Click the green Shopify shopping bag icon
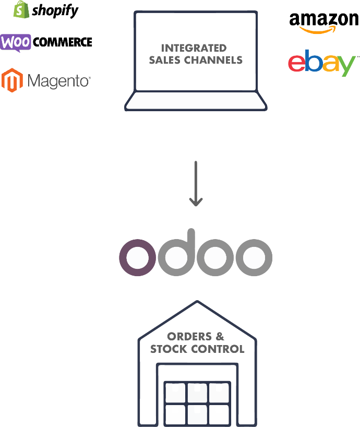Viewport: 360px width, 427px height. pyautogui.click(x=21, y=9)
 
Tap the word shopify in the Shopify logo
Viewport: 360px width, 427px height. pyautogui.click(x=55, y=11)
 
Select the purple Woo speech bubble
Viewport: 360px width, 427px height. pyautogui.click(x=16, y=43)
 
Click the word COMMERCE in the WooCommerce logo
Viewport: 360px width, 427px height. pyautogui.click(x=63, y=42)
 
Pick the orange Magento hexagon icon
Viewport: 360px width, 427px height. pyautogui.click(x=12, y=80)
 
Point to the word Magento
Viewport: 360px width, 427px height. pyautogui.click(x=59, y=81)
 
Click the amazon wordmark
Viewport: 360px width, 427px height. pyautogui.click(x=324, y=20)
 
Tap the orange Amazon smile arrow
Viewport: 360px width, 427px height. pyautogui.click(x=318, y=30)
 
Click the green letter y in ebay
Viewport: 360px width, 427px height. pyautogui.click(x=346, y=66)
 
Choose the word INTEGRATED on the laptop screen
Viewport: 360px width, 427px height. pyautogui.click(x=194, y=48)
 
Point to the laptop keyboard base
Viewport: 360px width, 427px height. pyautogui.click(x=196, y=101)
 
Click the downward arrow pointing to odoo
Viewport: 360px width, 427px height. pyautogui.click(x=196, y=184)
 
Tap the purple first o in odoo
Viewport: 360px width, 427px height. pyautogui.click(x=138, y=257)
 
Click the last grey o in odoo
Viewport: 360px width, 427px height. pyautogui.click(x=254, y=257)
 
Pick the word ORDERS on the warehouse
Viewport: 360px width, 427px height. pyautogui.click(x=189, y=337)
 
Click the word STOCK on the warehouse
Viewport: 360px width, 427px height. pyautogui.click(x=169, y=349)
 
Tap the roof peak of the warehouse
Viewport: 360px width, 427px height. pyautogui.click(x=197, y=302)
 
